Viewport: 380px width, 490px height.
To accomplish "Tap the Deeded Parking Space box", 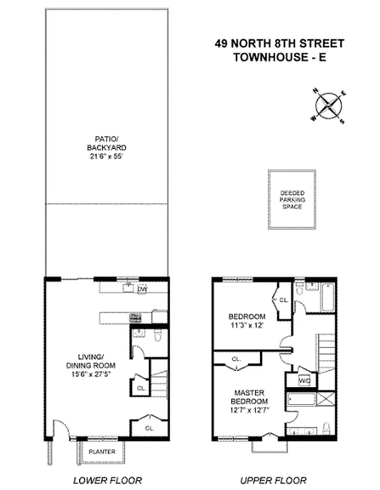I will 292,200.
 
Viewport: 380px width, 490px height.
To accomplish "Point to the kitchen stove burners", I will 136,317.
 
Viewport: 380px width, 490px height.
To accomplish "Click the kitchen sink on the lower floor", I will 129,287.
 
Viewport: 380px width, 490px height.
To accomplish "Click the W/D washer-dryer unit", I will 304,380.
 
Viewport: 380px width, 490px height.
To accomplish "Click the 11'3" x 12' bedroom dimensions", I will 246,325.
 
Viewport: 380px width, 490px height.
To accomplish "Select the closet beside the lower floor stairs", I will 140,387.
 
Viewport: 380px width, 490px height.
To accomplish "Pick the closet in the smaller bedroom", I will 283,301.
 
